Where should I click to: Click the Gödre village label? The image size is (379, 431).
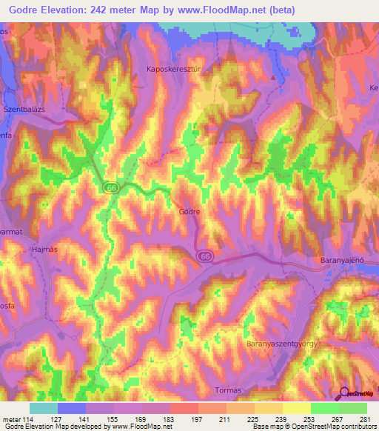[x=189, y=211]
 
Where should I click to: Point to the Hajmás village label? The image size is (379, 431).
[x=44, y=250]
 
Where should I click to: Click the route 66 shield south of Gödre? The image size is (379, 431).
[x=206, y=255]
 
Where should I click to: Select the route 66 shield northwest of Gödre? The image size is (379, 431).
[x=111, y=188]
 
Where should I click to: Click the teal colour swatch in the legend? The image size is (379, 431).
[x=43, y=407]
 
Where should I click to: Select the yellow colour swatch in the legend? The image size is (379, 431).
[x=296, y=407]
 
